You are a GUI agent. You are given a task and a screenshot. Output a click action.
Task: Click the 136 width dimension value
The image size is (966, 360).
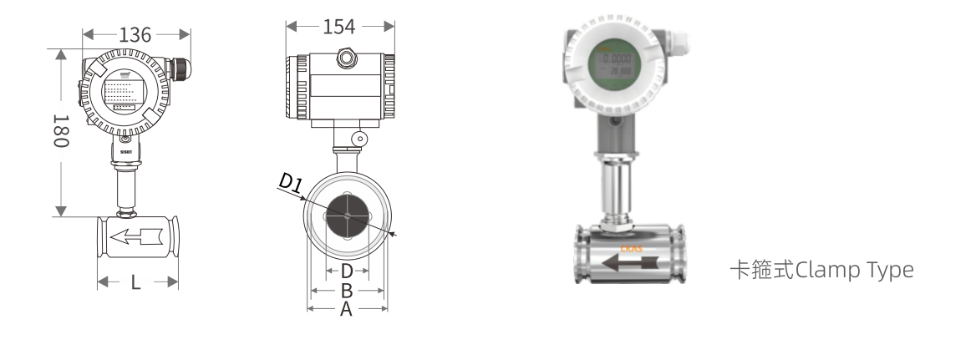tap(135, 35)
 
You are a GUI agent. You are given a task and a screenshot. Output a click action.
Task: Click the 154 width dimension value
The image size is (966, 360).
tap(339, 27)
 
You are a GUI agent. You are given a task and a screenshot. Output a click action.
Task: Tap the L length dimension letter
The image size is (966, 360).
tap(136, 282)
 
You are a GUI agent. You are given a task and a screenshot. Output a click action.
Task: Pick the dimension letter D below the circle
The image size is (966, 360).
tap(347, 271)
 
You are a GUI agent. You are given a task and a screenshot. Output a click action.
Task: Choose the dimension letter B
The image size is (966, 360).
tap(347, 291)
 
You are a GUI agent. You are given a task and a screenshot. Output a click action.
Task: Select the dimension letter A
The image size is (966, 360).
tap(347, 309)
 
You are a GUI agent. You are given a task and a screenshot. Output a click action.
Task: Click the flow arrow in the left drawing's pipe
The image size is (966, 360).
tap(138, 237)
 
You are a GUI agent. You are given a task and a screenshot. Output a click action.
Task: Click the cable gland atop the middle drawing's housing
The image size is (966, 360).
tap(343, 58)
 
